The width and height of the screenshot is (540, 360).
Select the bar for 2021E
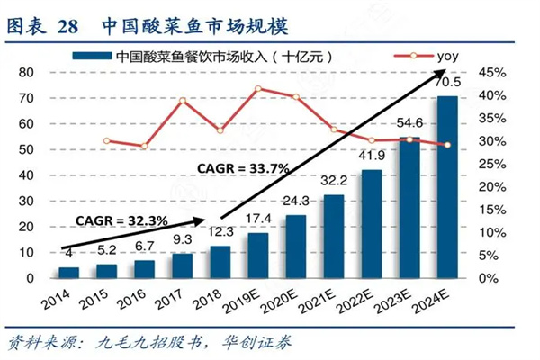point(335,236)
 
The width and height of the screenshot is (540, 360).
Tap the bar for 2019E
point(259,255)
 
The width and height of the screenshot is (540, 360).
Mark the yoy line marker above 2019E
point(259,88)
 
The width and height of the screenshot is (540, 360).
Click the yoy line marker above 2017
point(183,100)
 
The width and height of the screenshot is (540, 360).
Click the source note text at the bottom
point(148,342)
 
